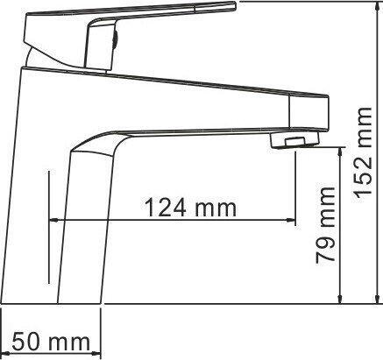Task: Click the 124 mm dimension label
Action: click(190, 207)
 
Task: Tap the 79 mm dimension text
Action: click(325, 224)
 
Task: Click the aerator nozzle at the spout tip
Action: click(295, 141)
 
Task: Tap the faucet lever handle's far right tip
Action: click(235, 5)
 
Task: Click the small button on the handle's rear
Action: click(116, 39)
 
